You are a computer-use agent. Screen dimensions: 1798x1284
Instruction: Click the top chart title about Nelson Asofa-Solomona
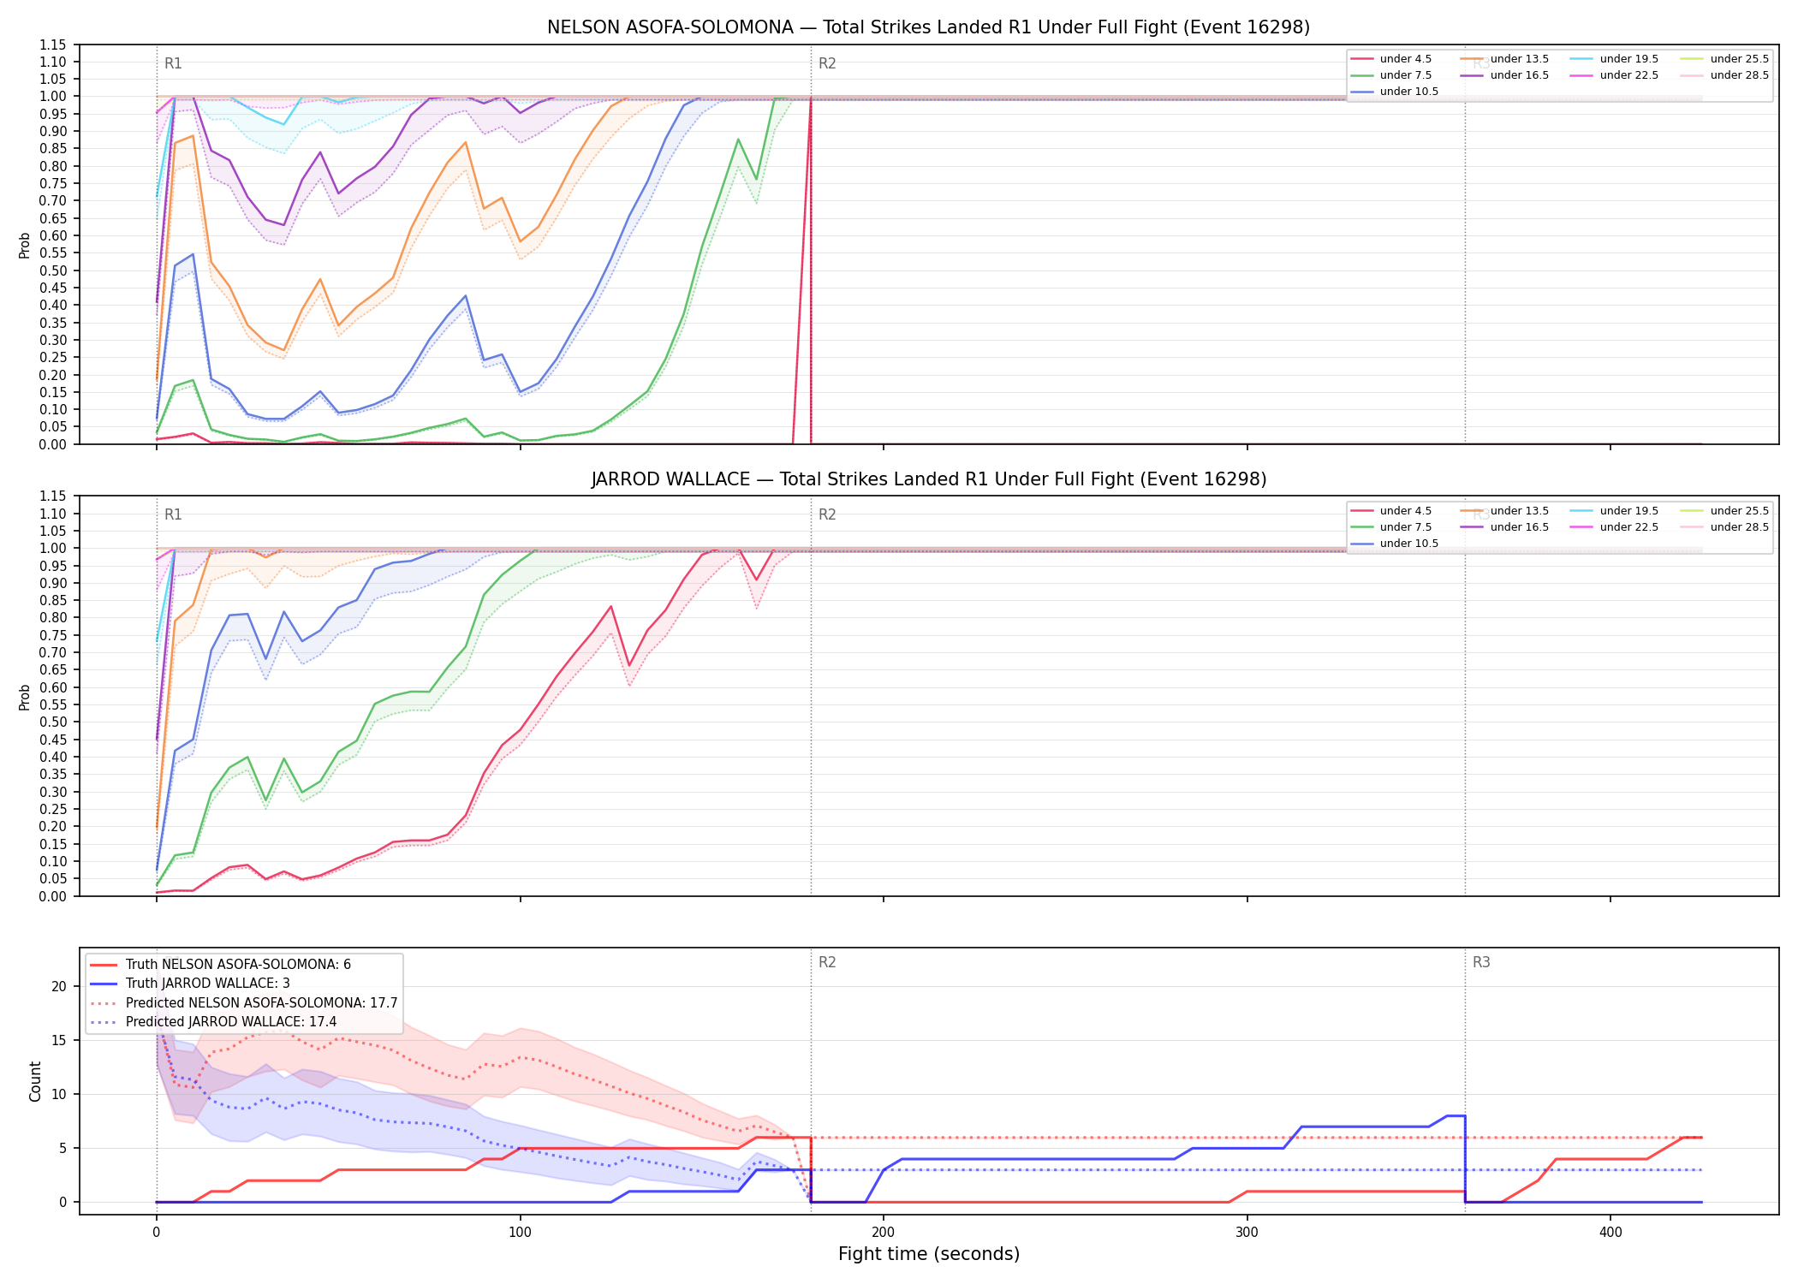pyautogui.click(x=928, y=27)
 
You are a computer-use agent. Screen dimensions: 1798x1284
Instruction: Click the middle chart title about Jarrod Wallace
pyautogui.click(x=928, y=479)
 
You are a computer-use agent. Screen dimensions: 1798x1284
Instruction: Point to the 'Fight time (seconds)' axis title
pyautogui.click(x=929, y=1254)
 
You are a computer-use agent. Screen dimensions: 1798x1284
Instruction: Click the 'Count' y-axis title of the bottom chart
pyautogui.click(x=35, y=1081)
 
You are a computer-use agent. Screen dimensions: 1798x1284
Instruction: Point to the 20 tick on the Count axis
pyautogui.click(x=59, y=986)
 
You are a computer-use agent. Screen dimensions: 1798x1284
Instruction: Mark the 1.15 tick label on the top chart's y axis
pyautogui.click(x=52, y=45)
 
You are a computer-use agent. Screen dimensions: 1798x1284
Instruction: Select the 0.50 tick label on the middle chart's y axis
pyautogui.click(x=52, y=722)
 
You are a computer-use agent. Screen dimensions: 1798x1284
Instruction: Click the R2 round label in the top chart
pyautogui.click(x=827, y=63)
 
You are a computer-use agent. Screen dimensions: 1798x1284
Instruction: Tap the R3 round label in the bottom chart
pyautogui.click(x=1481, y=962)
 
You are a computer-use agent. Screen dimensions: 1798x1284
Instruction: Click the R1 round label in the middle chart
pyautogui.click(x=173, y=514)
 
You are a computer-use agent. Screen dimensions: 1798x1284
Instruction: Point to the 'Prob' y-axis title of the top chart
pyautogui.click(x=25, y=245)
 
